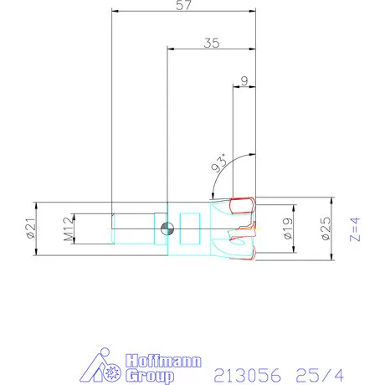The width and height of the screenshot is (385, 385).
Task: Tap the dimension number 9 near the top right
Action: coord(244,80)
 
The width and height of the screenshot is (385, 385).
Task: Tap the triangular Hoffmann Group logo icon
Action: coord(105,367)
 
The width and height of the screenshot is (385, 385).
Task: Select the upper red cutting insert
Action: coord(244,205)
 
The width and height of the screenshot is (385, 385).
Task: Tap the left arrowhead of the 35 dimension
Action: coord(172,50)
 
